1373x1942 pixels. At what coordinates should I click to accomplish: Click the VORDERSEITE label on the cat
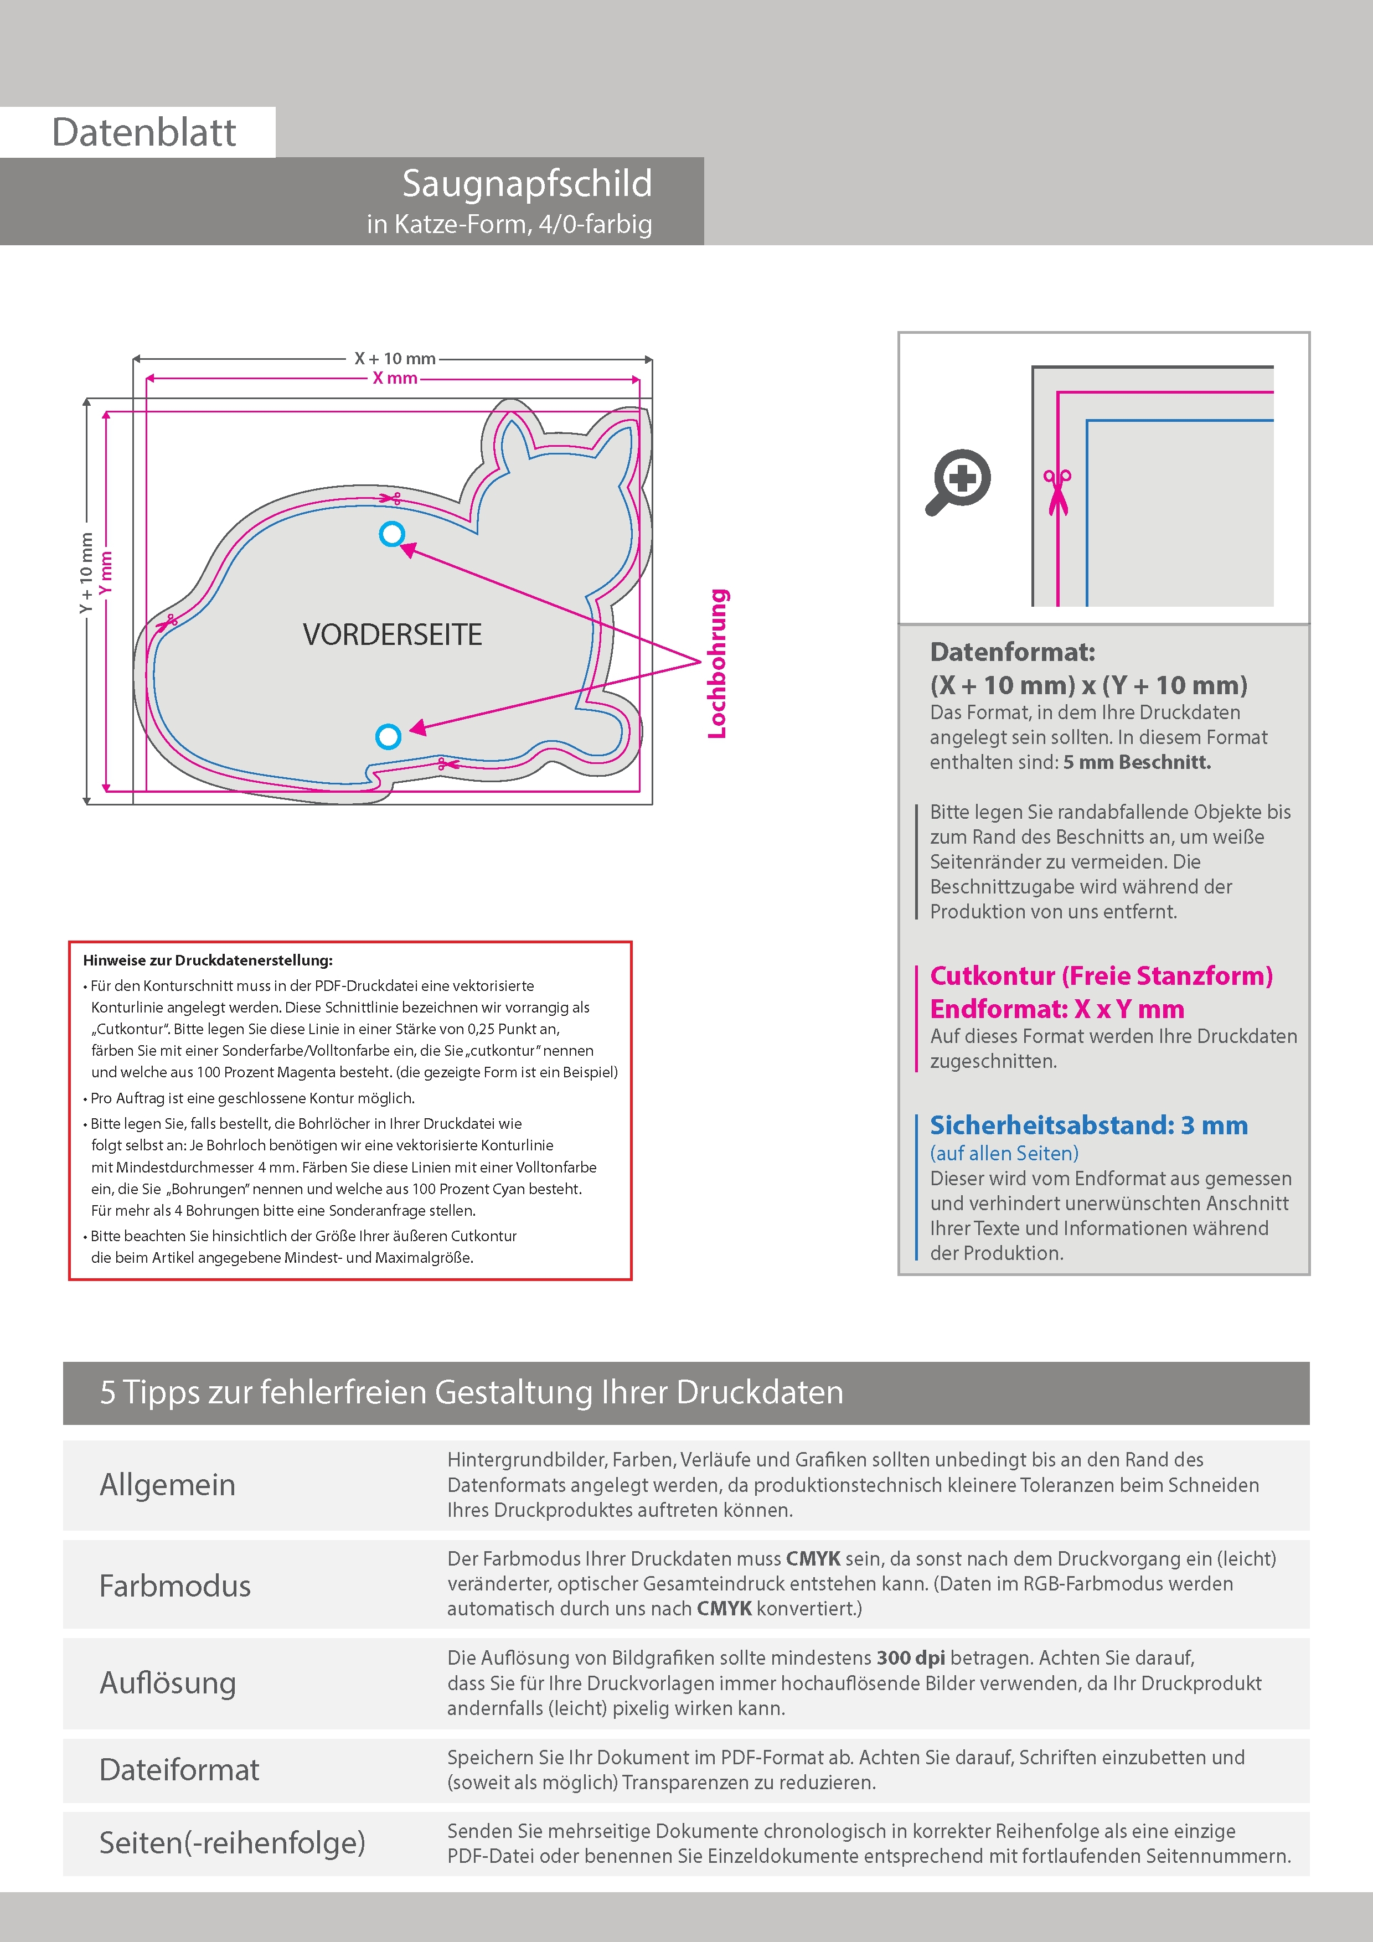[393, 634]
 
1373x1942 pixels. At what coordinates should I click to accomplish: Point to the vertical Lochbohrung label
[718, 664]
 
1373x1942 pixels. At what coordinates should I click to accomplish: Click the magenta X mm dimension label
[395, 378]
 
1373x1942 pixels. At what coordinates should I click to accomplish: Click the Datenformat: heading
[1012, 652]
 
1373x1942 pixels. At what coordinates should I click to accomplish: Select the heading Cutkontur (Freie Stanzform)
[1101, 976]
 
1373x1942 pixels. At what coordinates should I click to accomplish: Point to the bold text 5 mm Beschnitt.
[1137, 762]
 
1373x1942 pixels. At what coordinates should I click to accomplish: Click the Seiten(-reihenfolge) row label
[232, 1842]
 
